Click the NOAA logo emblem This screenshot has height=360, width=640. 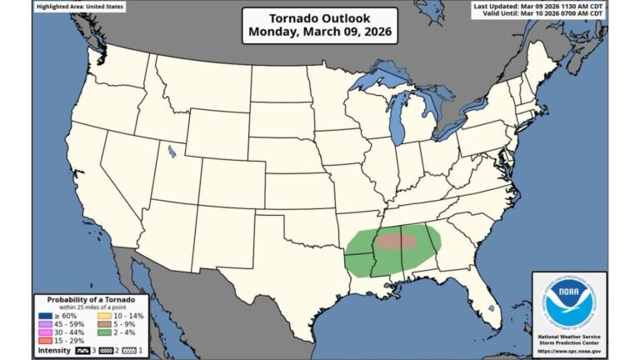tap(569, 302)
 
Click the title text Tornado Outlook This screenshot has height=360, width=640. tap(319, 19)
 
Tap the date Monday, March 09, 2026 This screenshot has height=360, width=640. tap(319, 34)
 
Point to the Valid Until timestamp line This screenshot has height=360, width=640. tap(541, 15)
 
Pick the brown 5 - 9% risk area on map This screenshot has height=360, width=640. tap(397, 241)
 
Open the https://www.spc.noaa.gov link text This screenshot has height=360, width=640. tap(569, 352)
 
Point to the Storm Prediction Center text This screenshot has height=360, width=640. tap(569, 342)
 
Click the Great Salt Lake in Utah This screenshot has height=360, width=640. tap(172, 152)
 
